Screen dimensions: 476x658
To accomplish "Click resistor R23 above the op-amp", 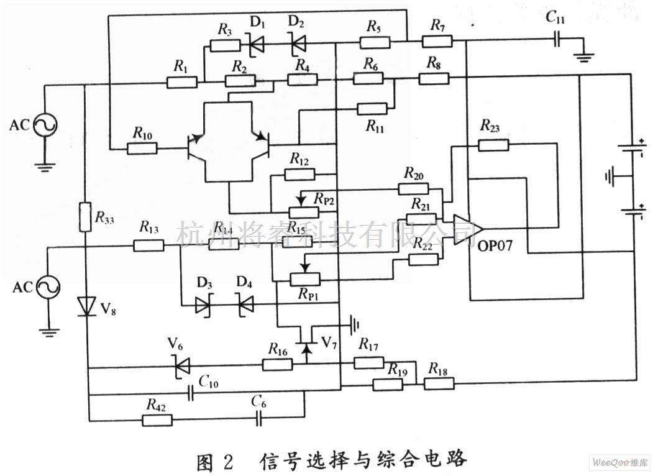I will point(494,145).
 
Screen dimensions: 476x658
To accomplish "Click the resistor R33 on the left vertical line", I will point(86,217).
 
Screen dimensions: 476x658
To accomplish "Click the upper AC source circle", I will point(46,125).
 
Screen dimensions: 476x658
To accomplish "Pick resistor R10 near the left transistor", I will point(142,149).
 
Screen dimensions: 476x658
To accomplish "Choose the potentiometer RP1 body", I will point(306,280).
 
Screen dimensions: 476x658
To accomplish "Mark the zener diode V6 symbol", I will point(181,367).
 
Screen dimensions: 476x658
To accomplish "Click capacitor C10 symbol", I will point(193,392).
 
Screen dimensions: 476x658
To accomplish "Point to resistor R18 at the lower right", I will point(439,384).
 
